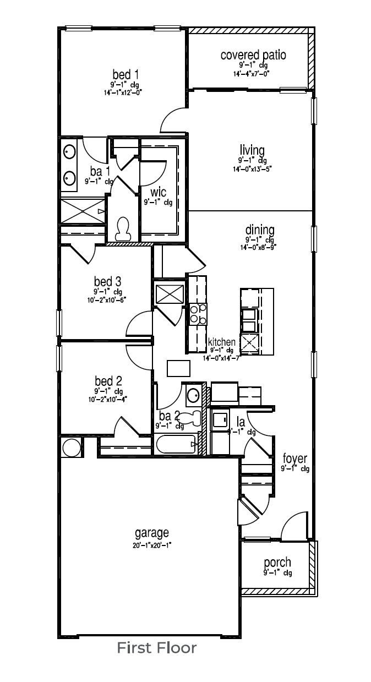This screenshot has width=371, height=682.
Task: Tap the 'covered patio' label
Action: click(x=253, y=55)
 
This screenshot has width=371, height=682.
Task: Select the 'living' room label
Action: click(x=252, y=150)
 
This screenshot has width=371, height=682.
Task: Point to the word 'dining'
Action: click(x=260, y=230)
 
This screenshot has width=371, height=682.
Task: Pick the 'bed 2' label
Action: click(x=108, y=381)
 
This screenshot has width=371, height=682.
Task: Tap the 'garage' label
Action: click(x=151, y=533)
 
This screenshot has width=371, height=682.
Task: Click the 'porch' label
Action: click(x=277, y=563)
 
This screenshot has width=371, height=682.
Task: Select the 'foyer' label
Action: click(x=294, y=459)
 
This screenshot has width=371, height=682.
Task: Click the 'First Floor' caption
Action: click(x=156, y=648)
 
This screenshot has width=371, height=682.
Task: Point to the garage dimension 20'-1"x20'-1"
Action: click(x=151, y=545)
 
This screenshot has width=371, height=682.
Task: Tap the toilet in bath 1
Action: click(x=123, y=227)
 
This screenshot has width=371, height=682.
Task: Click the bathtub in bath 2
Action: click(x=176, y=444)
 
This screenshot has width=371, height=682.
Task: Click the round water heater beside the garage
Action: click(x=72, y=447)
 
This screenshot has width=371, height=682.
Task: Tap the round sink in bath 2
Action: click(x=193, y=395)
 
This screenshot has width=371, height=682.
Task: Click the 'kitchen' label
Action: click(x=221, y=342)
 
